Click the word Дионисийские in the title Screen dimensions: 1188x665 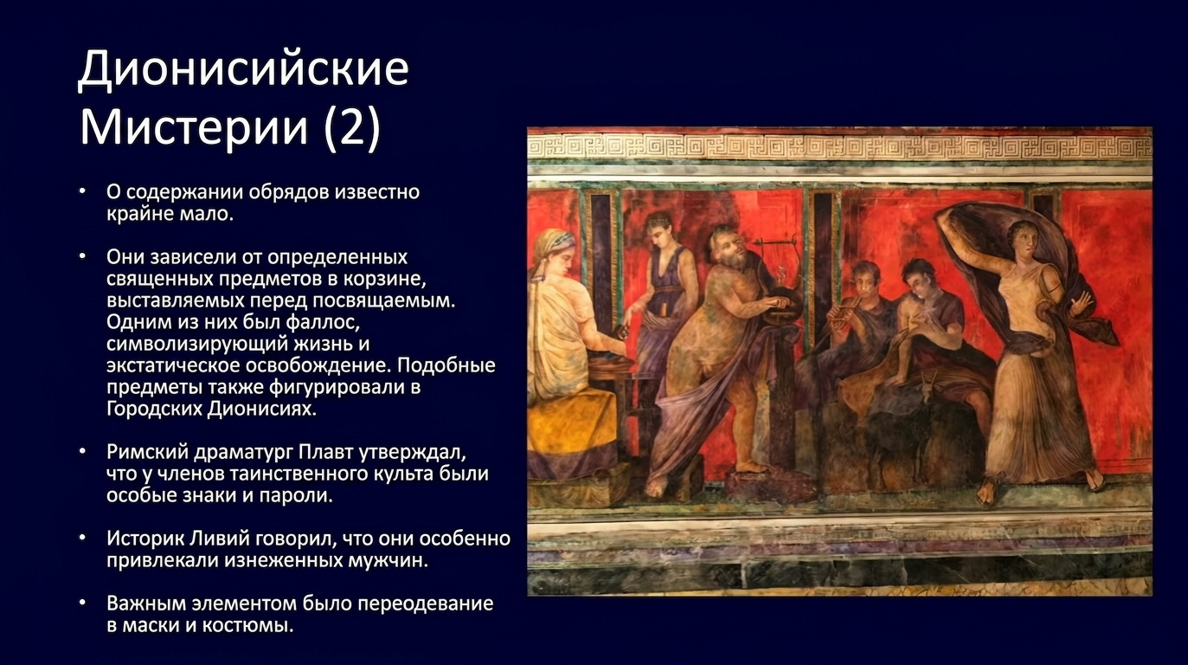pos(243,69)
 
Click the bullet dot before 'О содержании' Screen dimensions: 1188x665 pos(82,191)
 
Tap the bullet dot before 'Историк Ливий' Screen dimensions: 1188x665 pos(82,539)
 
